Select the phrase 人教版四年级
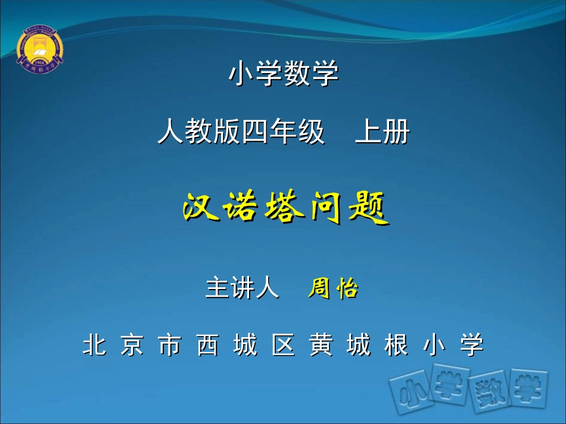(241, 132)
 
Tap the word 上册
(382, 132)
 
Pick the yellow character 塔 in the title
(284, 209)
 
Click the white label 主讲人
(241, 288)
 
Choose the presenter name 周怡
(333, 288)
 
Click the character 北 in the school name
(94, 345)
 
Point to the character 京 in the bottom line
(132, 345)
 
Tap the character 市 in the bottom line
(170, 345)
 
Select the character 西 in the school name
(207, 345)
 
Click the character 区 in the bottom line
(283, 345)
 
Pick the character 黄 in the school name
(321, 345)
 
